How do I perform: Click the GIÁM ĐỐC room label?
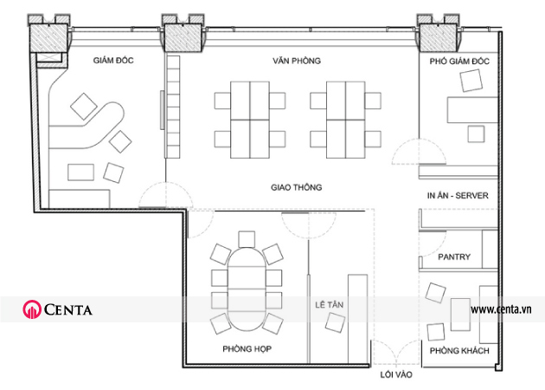coord(113,61)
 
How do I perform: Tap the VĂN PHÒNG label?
coord(297,61)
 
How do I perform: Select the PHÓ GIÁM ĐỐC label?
coord(459,62)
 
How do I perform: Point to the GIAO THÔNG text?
coord(297,187)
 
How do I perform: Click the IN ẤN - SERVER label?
coord(458,195)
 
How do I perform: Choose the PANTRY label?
coord(454,257)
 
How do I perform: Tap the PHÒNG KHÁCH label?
coord(459,350)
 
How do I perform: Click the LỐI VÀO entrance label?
coord(396,374)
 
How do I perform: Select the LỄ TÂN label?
coord(329,305)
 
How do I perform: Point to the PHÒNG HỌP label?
coord(247,348)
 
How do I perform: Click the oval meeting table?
coord(247,289)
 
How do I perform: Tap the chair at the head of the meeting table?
coord(247,239)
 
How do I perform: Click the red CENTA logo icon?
coord(32,309)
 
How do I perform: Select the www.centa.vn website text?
coord(501,309)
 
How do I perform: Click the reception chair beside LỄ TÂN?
coord(336,322)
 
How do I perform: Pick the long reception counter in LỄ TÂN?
coord(357,319)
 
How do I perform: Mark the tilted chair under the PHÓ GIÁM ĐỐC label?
coord(471,81)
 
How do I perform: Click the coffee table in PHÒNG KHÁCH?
coord(460,314)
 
